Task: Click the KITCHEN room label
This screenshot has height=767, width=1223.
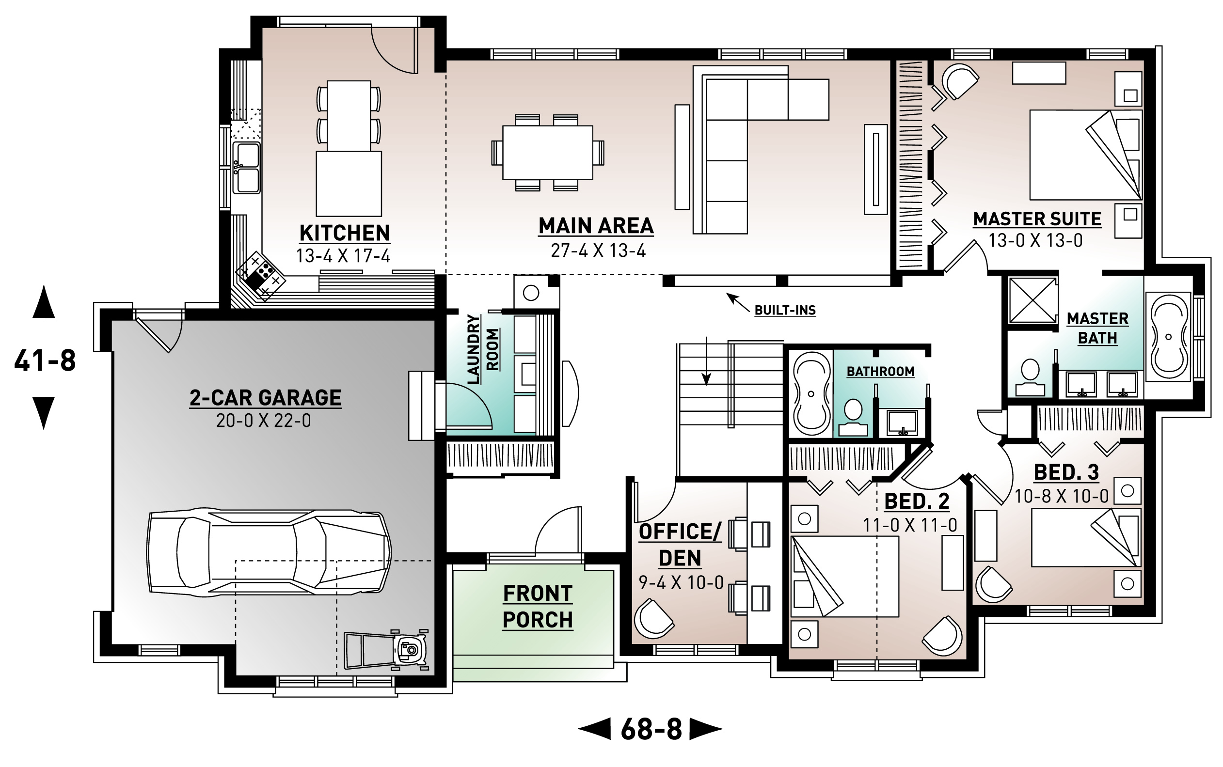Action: click(x=345, y=234)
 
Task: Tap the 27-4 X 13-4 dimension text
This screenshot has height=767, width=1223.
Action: click(x=598, y=250)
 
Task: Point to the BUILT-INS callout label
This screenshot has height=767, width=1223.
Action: click(x=784, y=310)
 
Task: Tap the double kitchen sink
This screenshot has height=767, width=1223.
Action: click(x=247, y=167)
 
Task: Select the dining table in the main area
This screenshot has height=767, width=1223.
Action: click(x=547, y=152)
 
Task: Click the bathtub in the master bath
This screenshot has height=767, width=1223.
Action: click(x=1169, y=336)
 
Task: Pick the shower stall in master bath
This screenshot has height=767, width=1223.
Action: click(x=1032, y=300)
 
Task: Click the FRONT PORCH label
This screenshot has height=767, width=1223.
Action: click(x=538, y=606)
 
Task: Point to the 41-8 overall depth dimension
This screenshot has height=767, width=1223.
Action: click(x=45, y=360)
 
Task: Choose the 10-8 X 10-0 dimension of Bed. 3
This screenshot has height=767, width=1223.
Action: click(x=1061, y=496)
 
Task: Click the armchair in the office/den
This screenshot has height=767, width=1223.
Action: click(x=652, y=618)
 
